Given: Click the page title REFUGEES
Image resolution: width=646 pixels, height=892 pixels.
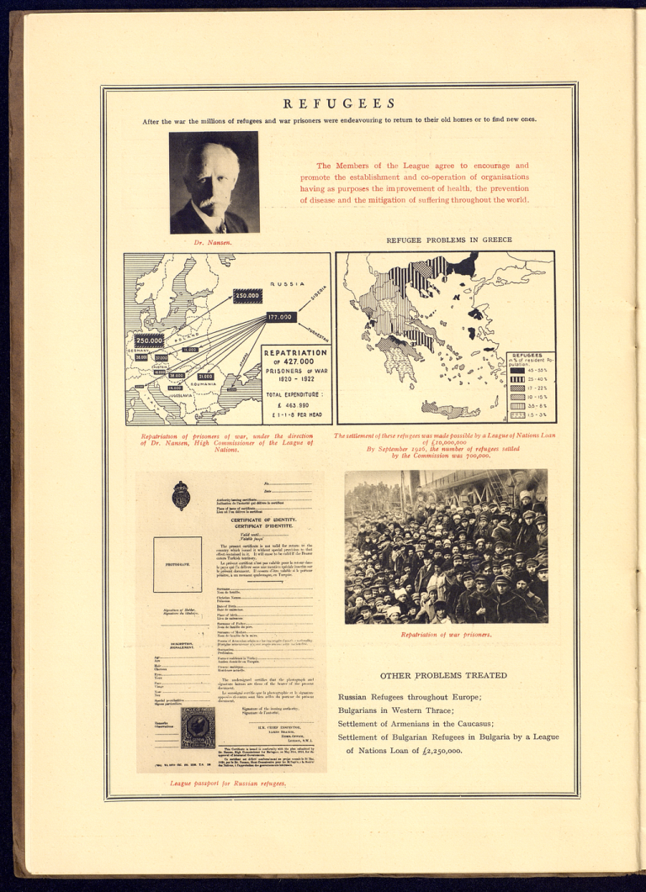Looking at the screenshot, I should click(x=339, y=103).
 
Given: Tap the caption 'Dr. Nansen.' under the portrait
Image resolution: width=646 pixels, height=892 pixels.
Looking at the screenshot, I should click(x=213, y=243).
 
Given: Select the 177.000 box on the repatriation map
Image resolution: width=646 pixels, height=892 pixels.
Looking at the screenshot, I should click(x=280, y=317).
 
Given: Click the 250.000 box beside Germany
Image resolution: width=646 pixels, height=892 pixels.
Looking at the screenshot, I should click(x=148, y=340).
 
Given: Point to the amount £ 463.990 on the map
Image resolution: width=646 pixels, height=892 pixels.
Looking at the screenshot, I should click(x=289, y=405).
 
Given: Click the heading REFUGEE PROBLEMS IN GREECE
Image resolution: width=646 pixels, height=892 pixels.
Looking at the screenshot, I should click(x=448, y=240).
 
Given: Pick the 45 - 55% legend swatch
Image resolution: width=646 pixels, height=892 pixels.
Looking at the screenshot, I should click(x=518, y=371).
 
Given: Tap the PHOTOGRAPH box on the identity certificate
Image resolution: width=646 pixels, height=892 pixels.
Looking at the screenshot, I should click(x=177, y=565).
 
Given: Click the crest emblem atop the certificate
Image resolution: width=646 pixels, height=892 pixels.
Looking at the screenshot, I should click(x=180, y=495).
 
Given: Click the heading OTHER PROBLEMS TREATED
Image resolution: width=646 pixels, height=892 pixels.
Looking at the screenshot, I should click(x=443, y=675).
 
